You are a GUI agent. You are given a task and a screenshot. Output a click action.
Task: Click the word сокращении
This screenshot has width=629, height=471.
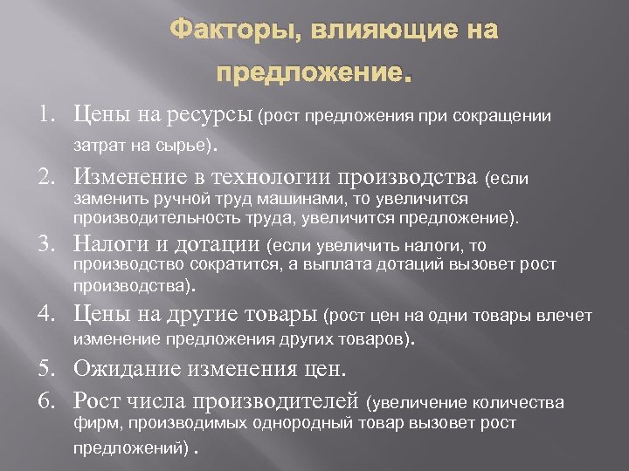point(503,116)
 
